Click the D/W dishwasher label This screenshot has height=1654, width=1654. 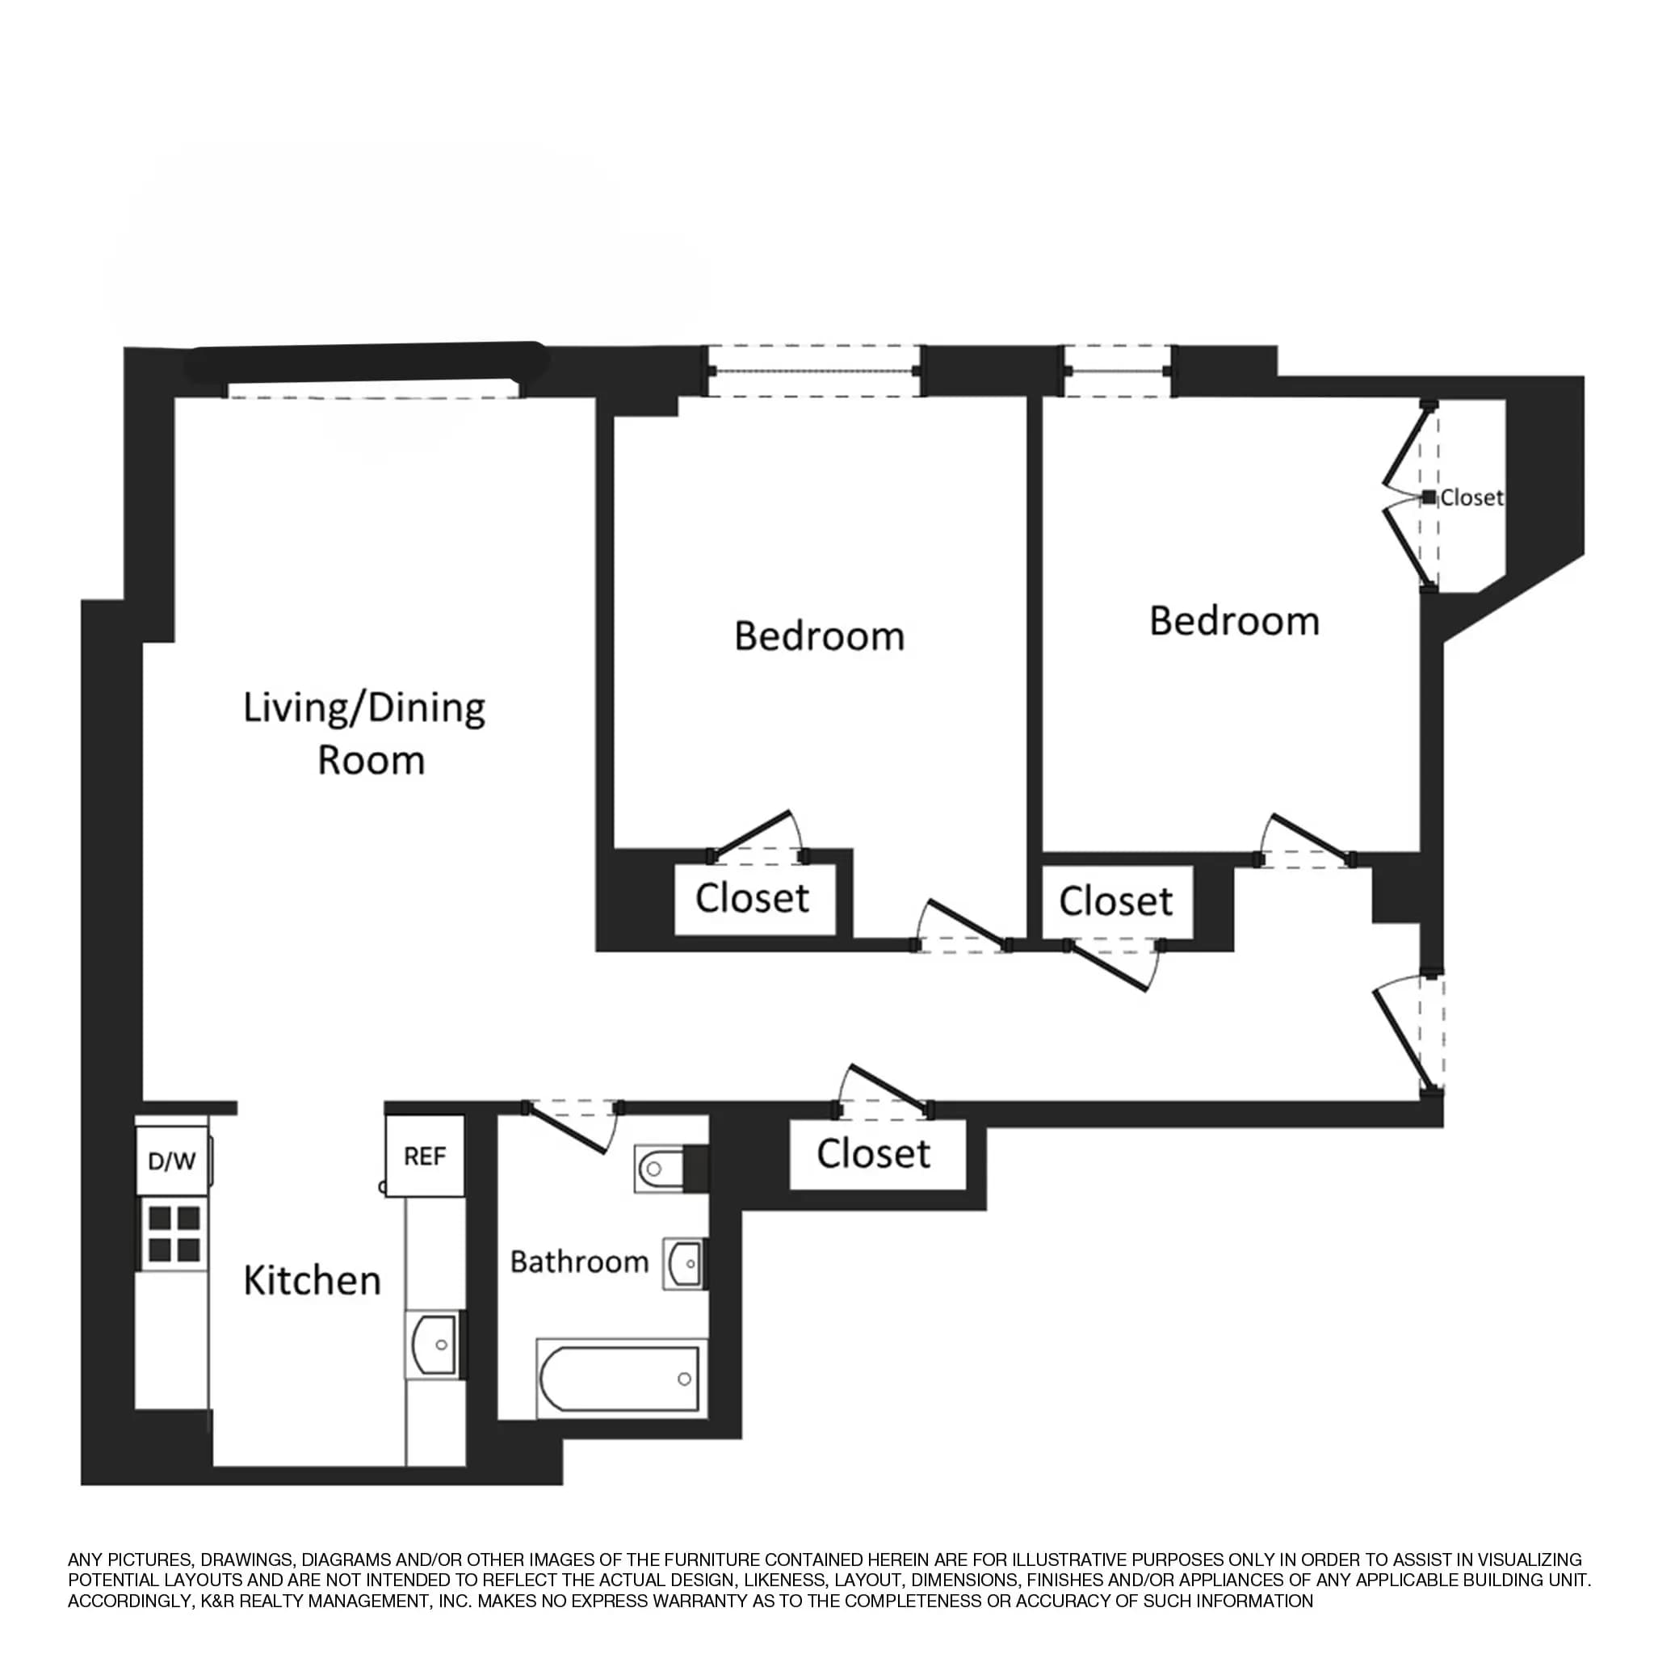point(172,1161)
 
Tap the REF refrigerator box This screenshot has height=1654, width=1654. point(425,1157)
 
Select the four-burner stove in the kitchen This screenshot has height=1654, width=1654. point(174,1234)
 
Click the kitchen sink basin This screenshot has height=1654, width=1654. point(435,1345)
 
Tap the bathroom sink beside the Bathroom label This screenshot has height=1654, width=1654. point(685,1264)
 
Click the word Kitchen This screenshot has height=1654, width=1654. point(312,1281)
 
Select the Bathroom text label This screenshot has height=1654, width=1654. point(579,1262)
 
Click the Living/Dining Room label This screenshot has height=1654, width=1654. point(366,733)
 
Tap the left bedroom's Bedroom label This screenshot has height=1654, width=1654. point(819,636)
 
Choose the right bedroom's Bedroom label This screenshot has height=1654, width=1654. point(1234,621)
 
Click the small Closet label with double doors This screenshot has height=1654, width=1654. point(1471,497)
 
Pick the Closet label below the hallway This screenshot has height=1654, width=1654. point(873,1154)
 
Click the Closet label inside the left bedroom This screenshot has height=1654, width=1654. point(752,898)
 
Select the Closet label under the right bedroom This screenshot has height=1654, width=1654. point(1115,901)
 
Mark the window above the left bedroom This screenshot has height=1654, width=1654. point(813,372)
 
